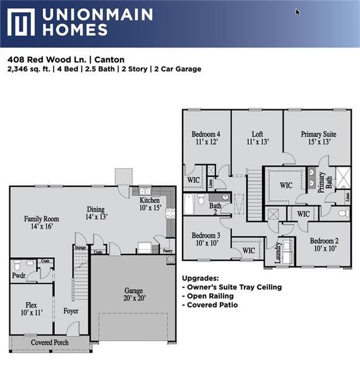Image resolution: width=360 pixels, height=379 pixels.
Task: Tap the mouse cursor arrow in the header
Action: click(298, 11)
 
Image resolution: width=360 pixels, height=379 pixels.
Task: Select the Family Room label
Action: click(41, 222)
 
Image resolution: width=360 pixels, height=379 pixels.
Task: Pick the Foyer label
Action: click(71, 311)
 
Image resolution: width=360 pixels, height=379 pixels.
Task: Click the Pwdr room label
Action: click(18, 275)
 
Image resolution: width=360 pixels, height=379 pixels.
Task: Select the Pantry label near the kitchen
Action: click(167, 251)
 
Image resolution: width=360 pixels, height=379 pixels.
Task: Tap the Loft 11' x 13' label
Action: click(257, 138)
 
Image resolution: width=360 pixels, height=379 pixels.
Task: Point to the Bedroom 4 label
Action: click(206, 138)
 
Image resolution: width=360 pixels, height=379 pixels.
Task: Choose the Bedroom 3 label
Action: click(206, 239)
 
